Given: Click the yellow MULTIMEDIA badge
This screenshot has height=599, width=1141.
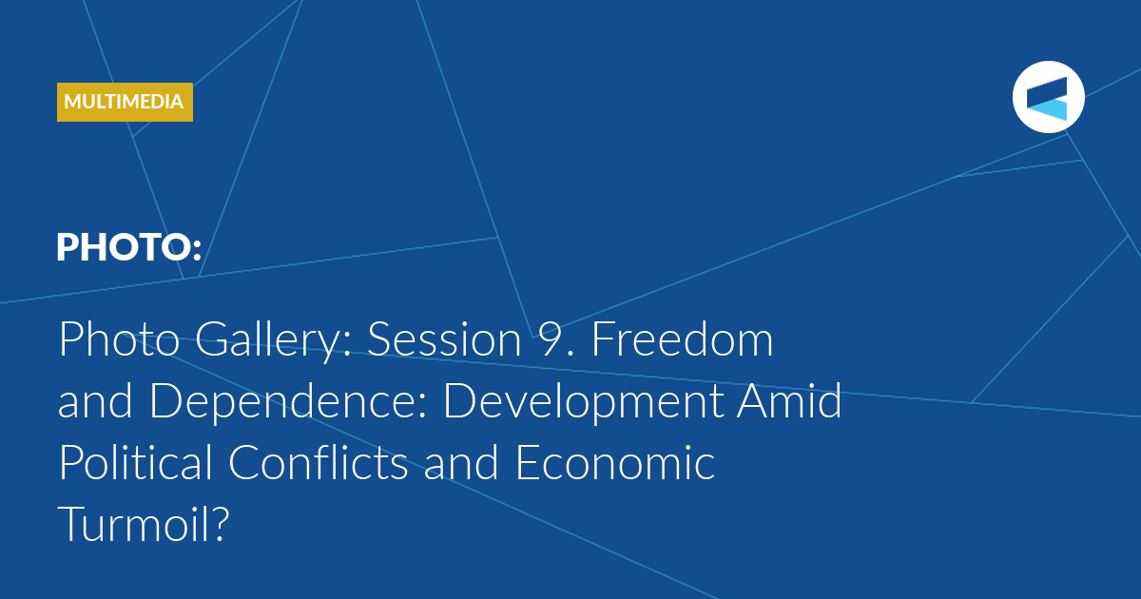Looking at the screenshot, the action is [x=125, y=102].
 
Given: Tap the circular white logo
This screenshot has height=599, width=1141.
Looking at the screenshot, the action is [x=1048, y=97].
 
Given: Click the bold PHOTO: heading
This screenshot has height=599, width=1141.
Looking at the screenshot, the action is [x=129, y=247].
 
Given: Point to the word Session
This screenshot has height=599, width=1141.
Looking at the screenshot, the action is [x=445, y=339].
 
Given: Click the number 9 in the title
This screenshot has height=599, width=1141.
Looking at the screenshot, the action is [x=550, y=339].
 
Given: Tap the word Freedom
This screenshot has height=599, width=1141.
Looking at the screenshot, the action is [x=682, y=338].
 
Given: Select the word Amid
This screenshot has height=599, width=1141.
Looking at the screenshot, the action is [x=789, y=400].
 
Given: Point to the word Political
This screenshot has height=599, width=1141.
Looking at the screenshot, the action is [x=135, y=461].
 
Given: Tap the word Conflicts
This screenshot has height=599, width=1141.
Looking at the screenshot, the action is [x=319, y=461].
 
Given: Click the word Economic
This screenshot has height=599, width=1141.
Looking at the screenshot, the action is [x=615, y=462].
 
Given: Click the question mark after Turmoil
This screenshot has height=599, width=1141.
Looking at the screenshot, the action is [x=220, y=524].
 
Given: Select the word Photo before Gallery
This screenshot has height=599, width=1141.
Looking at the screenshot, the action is [x=119, y=339].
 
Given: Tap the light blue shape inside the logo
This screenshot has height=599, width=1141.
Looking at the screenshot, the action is [x=1047, y=109].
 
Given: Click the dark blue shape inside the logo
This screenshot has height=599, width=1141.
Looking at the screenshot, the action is [x=1047, y=92].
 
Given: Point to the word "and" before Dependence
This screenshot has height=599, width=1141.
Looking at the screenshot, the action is [x=95, y=400].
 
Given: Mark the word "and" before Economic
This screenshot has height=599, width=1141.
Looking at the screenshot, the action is [x=461, y=461].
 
